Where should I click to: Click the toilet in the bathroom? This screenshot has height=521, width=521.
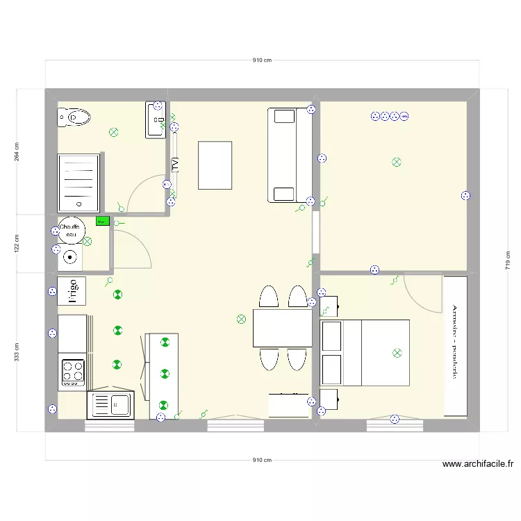(75, 118)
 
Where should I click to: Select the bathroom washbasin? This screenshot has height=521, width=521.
(154, 119)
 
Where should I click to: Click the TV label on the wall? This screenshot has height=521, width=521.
(175, 165)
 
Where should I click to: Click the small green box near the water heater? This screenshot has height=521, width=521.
(101, 222)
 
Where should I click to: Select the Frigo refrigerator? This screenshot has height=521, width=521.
(72, 290)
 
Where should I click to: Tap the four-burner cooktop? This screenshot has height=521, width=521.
(72, 372)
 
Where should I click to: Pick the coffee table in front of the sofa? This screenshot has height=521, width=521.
(215, 165)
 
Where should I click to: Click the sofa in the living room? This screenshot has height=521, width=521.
(285, 155)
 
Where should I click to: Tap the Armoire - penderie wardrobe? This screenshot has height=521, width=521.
(455, 346)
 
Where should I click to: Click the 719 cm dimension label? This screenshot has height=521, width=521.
(507, 260)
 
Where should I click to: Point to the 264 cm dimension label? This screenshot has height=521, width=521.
(16, 151)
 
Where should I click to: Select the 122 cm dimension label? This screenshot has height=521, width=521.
(16, 243)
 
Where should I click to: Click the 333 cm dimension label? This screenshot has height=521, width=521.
(16, 352)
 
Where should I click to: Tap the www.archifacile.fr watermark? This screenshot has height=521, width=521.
(477, 465)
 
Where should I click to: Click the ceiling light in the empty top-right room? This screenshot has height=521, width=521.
(396, 162)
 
